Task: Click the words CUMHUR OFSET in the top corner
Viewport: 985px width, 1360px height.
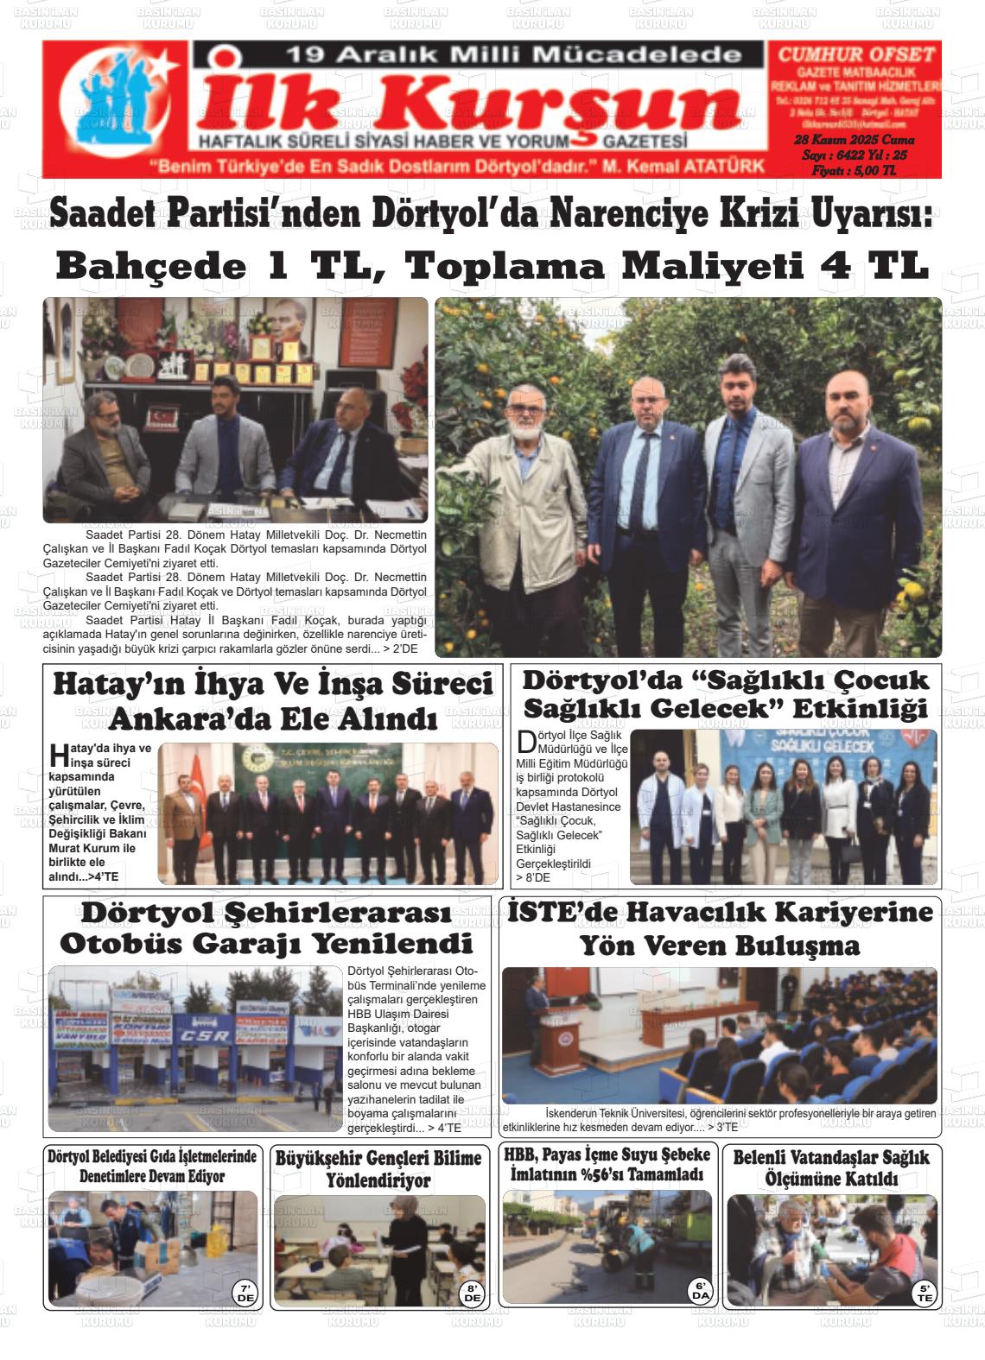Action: click(x=856, y=54)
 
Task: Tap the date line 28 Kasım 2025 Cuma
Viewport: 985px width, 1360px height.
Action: click(x=854, y=140)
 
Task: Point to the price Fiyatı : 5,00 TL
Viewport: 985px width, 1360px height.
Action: click(x=854, y=171)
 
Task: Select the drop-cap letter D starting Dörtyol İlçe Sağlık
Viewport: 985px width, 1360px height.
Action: click(x=526, y=742)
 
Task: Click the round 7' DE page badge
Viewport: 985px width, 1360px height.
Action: click(x=245, y=1292)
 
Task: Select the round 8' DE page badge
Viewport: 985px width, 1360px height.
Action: click(x=473, y=1293)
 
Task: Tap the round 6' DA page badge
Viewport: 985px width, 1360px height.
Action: click(x=700, y=1291)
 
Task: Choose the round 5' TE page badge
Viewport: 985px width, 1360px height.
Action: click(x=925, y=1293)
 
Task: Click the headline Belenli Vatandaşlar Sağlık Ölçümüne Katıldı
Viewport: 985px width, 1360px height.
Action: click(x=830, y=1167)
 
